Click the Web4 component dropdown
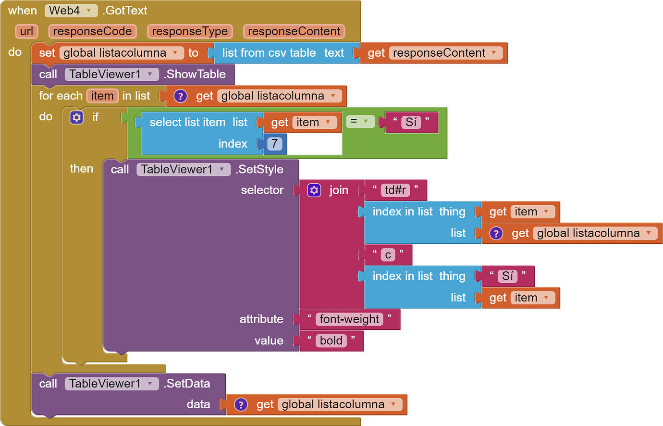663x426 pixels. [x=71, y=11]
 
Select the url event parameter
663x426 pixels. [x=26, y=32]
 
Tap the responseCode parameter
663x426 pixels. [x=92, y=32]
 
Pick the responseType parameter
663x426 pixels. [x=190, y=32]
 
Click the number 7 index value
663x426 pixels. [x=274, y=144]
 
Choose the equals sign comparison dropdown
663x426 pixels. [x=359, y=122]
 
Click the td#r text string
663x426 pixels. [x=395, y=190]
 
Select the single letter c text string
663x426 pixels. [x=388, y=255]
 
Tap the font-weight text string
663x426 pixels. [x=349, y=319]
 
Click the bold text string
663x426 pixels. [x=331, y=341]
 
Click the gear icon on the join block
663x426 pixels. [x=314, y=190]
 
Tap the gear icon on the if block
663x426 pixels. [x=76, y=117]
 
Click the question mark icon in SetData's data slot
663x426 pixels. [x=241, y=405]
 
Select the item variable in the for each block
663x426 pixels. [x=102, y=96]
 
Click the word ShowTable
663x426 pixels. [x=196, y=75]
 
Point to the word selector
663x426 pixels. [x=262, y=190]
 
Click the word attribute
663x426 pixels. [x=261, y=319]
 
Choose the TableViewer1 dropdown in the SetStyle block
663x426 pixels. [x=183, y=169]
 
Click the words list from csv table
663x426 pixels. [x=269, y=53]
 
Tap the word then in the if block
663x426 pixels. [x=81, y=169]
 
